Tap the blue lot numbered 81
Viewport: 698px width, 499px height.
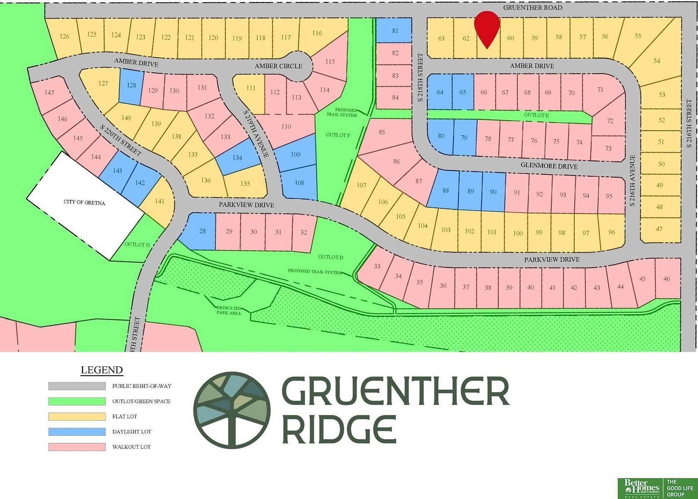pyautogui.click(x=394, y=30)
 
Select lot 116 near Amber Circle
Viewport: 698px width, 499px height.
pyautogui.click(x=317, y=33)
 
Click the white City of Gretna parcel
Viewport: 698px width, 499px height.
pyautogui.click(x=85, y=204)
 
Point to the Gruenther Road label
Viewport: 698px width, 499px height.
pyautogui.click(x=532, y=7)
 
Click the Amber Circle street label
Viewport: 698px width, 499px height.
pyautogui.click(x=278, y=66)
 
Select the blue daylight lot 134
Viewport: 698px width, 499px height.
pyautogui.click(x=237, y=158)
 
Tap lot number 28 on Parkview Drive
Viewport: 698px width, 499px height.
pyautogui.click(x=202, y=231)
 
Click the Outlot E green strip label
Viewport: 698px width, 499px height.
pyautogui.click(x=536, y=115)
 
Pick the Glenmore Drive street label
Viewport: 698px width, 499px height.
pyautogui.click(x=549, y=166)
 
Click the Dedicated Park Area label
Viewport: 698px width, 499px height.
pyautogui.click(x=229, y=310)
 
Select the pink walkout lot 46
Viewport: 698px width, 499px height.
pyautogui.click(x=667, y=279)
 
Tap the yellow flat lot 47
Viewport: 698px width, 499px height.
pyautogui.click(x=659, y=229)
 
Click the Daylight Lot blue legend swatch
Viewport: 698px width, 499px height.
pyautogui.click(x=77, y=432)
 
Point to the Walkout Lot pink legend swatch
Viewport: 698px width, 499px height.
pyautogui.click(x=77, y=447)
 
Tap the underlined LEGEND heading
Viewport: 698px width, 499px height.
pyautogui.click(x=101, y=370)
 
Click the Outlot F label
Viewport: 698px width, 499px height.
pyautogui.click(x=338, y=135)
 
